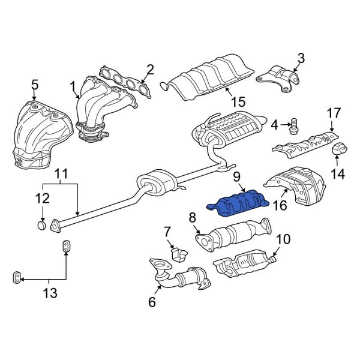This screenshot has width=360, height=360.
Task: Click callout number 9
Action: pos(236,177)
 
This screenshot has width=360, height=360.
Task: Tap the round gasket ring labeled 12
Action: pos(41,226)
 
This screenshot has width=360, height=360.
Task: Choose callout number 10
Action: pos(283,239)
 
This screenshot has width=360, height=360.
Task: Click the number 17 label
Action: pos(333,112)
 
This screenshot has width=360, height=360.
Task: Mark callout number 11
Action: pos(62,176)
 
